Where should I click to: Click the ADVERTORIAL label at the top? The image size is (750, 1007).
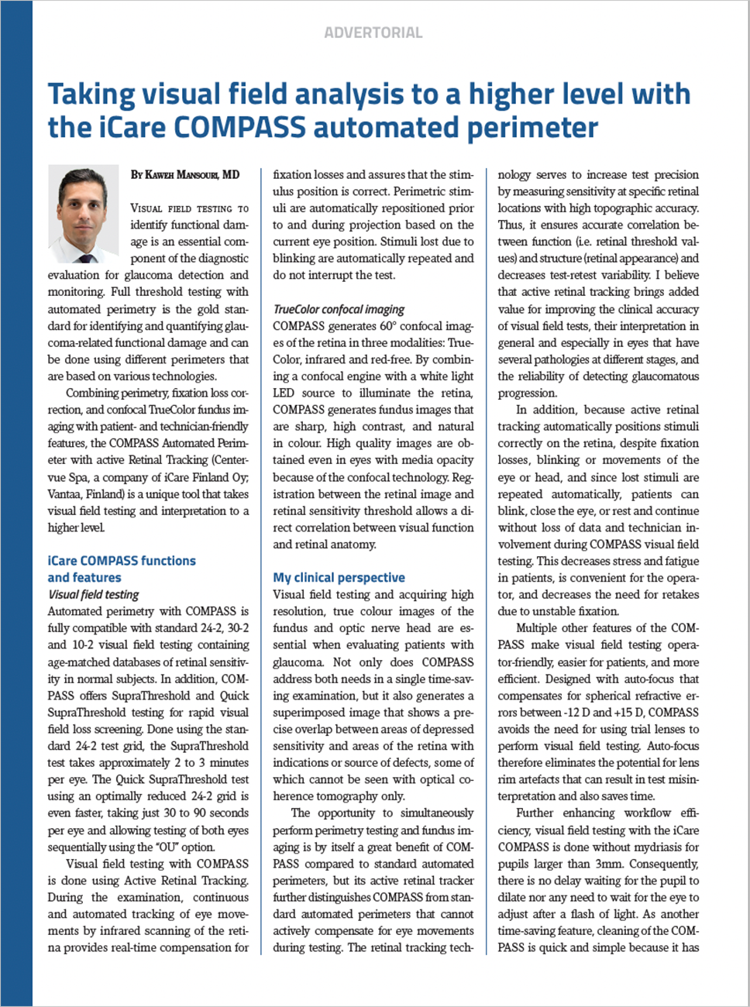click(x=373, y=33)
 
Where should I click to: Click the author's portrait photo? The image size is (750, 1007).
click(x=83, y=214)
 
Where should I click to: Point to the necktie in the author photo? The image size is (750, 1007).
click(x=84, y=258)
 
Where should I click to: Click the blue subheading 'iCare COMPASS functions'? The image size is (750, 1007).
click(x=122, y=561)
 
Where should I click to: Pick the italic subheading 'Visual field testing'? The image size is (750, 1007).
click(x=94, y=595)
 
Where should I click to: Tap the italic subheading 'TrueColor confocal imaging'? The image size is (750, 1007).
click(x=339, y=309)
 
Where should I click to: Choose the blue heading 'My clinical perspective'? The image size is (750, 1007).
click(x=339, y=578)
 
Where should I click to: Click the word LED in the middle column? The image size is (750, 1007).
click(x=284, y=393)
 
